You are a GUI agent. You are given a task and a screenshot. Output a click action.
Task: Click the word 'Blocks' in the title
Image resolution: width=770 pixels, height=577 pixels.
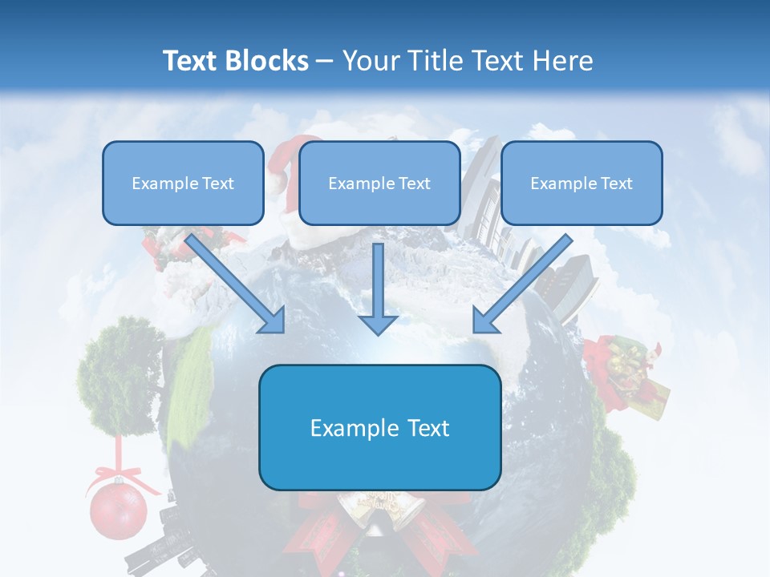click(268, 61)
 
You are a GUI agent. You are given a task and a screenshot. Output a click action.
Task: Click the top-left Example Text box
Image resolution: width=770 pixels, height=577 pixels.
click(183, 183)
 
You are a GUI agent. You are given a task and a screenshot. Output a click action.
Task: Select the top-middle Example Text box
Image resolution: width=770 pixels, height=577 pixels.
click(379, 183)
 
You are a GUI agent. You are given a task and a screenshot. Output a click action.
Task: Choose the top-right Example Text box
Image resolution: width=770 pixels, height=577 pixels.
click(582, 183)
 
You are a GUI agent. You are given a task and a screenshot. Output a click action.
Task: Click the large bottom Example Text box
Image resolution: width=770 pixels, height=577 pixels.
click(379, 427)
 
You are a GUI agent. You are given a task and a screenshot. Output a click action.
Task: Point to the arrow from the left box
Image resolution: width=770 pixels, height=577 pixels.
click(237, 284)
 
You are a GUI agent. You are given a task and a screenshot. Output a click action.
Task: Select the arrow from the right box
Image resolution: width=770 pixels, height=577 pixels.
click(521, 284)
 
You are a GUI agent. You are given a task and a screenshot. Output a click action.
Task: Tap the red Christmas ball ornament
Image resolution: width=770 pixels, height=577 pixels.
click(118, 510)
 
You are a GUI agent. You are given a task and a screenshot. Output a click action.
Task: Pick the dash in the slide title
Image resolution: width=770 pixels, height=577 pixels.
click(325, 61)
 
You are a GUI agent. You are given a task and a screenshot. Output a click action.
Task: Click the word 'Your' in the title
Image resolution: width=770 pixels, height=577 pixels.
click(369, 61)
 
